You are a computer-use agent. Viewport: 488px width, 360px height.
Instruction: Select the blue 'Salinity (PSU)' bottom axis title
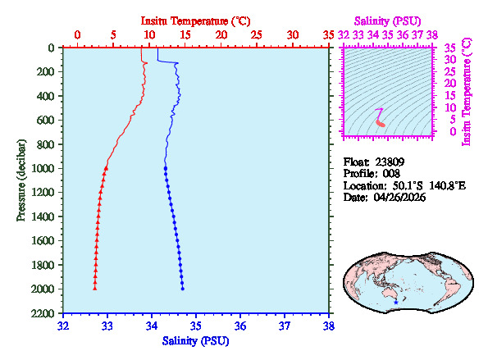pyautogui.click(x=195, y=340)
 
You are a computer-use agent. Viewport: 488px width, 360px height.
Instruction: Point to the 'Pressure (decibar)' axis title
pyautogui.click(x=21, y=180)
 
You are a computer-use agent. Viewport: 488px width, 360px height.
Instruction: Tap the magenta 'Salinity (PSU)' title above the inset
pyautogui.click(x=389, y=19)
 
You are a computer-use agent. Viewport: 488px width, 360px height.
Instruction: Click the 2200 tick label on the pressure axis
pyautogui.click(x=46, y=313)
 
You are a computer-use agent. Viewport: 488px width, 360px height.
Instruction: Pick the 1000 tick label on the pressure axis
pyautogui.click(x=46, y=168)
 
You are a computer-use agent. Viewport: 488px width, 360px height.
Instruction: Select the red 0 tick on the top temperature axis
pyautogui.click(x=77, y=35)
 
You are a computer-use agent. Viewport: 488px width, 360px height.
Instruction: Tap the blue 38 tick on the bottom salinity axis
pyautogui.click(x=329, y=326)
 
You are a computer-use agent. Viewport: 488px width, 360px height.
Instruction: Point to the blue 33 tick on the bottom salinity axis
pyautogui.click(x=107, y=326)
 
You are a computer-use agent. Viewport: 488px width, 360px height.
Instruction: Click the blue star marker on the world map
pyautogui.click(x=396, y=302)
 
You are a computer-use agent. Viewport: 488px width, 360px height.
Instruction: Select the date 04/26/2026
pyautogui.click(x=403, y=198)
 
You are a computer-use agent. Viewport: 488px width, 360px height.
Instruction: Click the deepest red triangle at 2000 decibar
pyautogui.click(x=95, y=289)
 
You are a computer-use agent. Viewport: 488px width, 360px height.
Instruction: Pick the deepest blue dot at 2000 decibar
pyautogui.click(x=183, y=289)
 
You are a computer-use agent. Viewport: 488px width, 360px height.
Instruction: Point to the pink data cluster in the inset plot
pyautogui.click(x=381, y=121)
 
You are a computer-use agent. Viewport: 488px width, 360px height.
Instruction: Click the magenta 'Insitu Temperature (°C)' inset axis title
pyautogui.click(x=467, y=91)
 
